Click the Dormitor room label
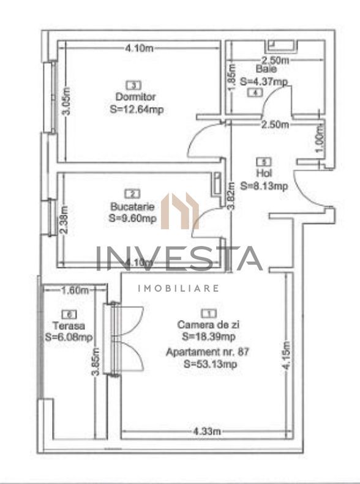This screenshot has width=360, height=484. pos(135,97)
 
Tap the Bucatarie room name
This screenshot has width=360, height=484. pos(133,206)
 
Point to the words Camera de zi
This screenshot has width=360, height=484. pos(203,325)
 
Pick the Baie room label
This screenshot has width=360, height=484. pos(261,70)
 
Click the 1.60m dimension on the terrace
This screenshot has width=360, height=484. pos(75,290)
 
